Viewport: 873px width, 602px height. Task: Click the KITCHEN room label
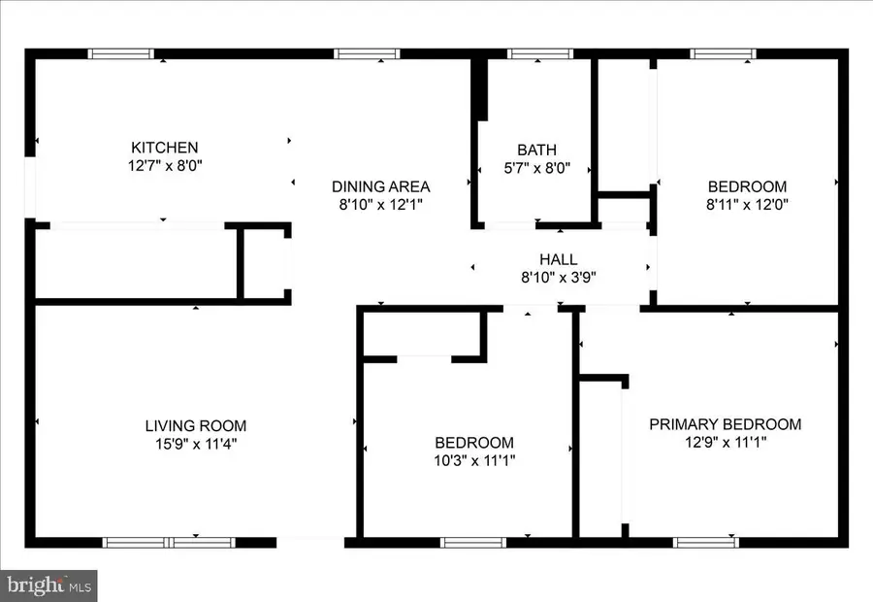(x=164, y=148)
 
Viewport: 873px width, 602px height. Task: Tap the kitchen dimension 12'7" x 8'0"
(x=165, y=165)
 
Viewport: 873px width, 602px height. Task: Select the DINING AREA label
(x=381, y=186)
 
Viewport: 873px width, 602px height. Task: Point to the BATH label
(x=536, y=150)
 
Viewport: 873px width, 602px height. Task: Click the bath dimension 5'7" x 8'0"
(x=537, y=168)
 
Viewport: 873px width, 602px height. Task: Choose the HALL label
(x=559, y=259)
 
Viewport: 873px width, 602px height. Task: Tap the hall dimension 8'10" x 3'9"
(x=559, y=277)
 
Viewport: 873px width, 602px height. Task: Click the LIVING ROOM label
(x=196, y=426)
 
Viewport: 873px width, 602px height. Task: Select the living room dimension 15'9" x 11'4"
(x=196, y=445)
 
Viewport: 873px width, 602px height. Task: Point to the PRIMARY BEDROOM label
(x=726, y=424)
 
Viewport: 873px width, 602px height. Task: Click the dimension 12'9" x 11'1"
(x=726, y=443)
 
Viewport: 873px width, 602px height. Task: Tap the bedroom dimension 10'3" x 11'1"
(x=474, y=461)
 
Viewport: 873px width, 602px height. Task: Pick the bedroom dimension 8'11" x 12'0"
(x=747, y=205)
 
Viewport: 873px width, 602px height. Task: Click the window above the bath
(x=540, y=54)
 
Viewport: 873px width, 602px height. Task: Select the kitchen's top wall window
(x=121, y=54)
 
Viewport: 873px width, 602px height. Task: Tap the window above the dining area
(x=367, y=54)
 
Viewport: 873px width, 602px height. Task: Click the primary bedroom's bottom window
(x=706, y=543)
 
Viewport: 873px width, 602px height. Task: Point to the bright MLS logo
(x=49, y=585)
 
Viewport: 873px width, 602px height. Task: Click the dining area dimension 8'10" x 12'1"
(x=381, y=205)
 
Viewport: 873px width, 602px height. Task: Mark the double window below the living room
(x=169, y=543)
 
